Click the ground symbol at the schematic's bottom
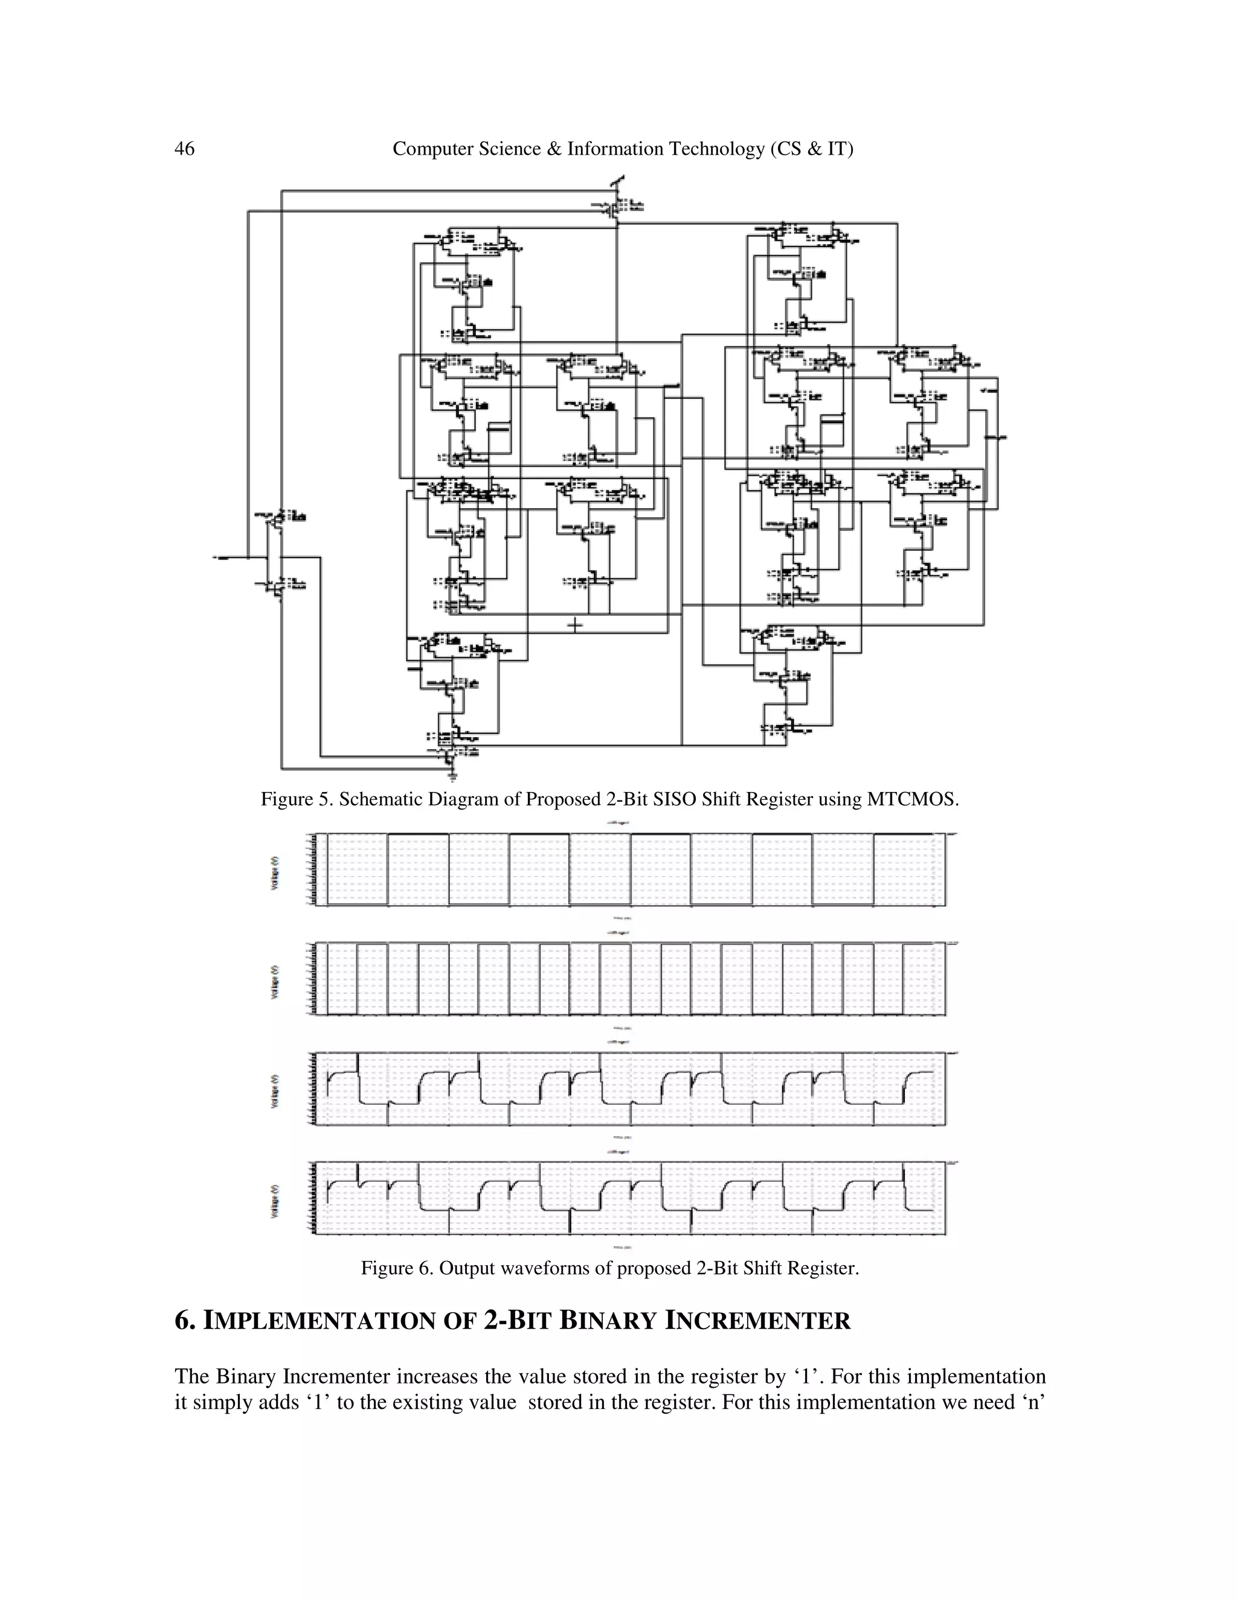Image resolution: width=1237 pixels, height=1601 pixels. click(x=454, y=775)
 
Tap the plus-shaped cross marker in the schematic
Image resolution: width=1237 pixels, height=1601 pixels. click(x=575, y=625)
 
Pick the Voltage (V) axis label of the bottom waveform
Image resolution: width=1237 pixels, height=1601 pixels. click(x=275, y=1201)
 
